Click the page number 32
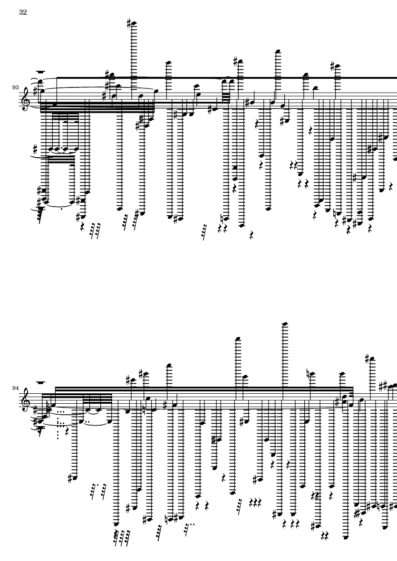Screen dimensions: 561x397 [x=23, y=12]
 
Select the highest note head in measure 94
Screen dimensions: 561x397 [x=285, y=324]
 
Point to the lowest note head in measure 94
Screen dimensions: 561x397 [x=346, y=537]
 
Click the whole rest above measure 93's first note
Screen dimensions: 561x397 [x=41, y=72]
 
